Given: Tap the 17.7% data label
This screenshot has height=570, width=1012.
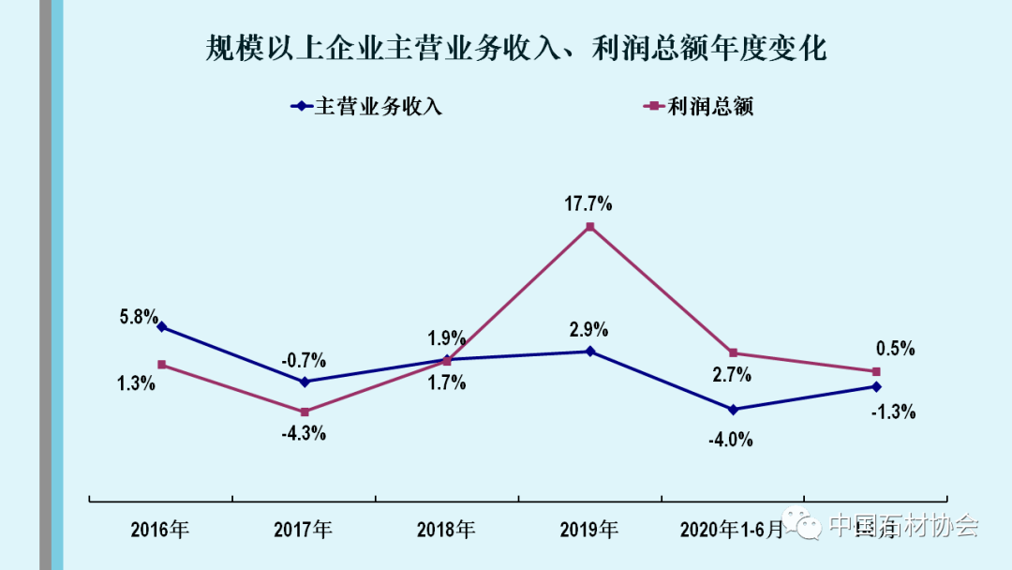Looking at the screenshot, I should coord(589,202).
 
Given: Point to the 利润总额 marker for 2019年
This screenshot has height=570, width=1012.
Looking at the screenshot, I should coord(589,227).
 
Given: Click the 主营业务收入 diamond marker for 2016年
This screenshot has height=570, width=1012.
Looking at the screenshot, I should coord(162,327).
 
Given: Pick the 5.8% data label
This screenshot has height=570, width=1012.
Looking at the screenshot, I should coord(138,317).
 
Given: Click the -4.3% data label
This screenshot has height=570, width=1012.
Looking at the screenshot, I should coord(304,434).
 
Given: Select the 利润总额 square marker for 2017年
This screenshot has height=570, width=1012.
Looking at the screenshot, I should coord(305,412).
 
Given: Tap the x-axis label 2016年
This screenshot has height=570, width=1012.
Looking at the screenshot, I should coord(160,530).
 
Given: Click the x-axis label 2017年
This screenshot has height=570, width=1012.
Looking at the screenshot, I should coord(303,530).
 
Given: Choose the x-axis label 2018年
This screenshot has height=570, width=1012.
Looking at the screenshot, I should coord(446,530).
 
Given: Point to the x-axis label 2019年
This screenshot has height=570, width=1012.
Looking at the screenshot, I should coord(588,530).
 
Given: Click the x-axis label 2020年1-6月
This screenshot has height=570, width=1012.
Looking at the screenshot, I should coord(732,530).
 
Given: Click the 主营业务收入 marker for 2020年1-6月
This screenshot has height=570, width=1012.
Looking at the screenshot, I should coord(733,410).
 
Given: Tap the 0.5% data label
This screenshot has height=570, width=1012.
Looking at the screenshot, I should coord(895,349).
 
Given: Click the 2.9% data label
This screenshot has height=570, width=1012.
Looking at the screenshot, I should coord(588,330).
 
